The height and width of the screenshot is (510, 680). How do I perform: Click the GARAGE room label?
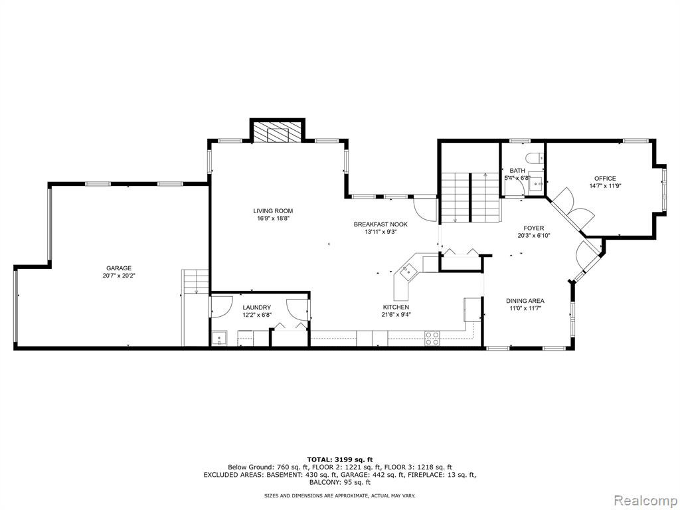119,268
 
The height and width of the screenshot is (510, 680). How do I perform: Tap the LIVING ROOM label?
273,211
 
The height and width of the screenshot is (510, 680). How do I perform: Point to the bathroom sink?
537,184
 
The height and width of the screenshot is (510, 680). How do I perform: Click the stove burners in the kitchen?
432,338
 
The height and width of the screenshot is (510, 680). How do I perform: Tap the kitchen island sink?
408,272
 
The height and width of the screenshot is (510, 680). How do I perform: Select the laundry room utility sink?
219,338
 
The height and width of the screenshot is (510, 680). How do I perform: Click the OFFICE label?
605,178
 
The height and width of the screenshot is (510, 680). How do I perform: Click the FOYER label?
533,228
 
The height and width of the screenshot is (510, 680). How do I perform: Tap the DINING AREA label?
525,301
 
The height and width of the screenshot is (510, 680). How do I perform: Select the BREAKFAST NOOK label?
381,224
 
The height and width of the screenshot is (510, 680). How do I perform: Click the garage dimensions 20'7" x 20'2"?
119,276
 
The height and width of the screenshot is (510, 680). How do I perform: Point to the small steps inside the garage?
196,282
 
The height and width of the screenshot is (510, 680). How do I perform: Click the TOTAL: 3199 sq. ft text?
340,460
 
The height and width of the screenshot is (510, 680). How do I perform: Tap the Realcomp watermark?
645,501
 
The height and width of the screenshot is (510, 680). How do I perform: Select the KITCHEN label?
396,307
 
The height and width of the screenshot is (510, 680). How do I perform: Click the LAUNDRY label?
257,307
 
